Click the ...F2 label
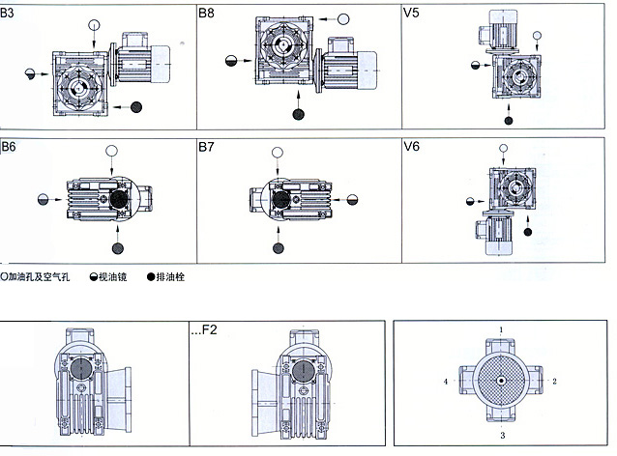tap(205, 330)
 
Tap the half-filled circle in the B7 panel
tap(351, 199)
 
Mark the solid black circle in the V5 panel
tap(507, 120)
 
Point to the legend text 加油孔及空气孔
tap(41, 276)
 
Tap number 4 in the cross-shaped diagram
tap(445, 382)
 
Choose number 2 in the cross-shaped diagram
tap(554, 382)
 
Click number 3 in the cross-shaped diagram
tap(501, 436)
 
